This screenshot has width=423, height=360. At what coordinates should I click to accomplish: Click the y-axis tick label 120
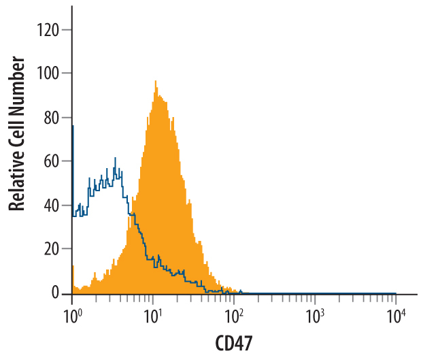(50, 29)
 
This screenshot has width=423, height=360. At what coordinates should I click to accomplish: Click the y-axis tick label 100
(50, 73)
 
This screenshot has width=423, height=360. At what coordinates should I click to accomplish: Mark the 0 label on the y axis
(57, 293)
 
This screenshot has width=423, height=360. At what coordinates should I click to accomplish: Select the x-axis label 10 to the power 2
(233, 314)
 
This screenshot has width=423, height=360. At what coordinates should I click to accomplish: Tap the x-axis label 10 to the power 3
(314, 314)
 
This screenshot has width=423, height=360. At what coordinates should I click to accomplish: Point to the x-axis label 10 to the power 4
(396, 314)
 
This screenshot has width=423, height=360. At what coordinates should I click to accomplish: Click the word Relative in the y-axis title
(18, 179)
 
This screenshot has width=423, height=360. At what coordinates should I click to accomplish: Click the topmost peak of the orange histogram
(155, 81)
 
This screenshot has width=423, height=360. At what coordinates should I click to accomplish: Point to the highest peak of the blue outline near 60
(115, 159)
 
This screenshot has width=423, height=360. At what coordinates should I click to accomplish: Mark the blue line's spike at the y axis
(72, 127)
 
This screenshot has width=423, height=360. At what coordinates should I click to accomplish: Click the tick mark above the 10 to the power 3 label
(315, 298)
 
